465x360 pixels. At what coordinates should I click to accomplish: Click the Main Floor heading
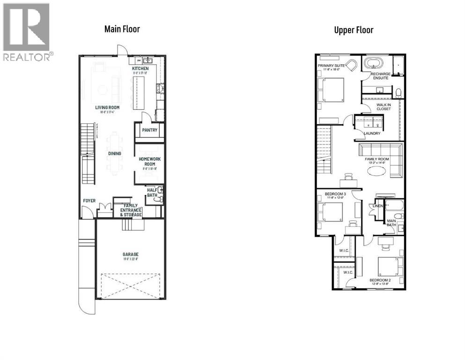pyautogui.click(x=122, y=29)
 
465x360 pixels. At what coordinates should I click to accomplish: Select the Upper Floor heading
pyautogui.click(x=354, y=30)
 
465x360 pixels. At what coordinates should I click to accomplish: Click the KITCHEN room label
pyautogui.click(x=140, y=69)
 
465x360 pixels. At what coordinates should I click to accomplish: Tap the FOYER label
pyautogui.click(x=89, y=201)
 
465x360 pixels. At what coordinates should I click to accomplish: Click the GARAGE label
pyautogui.click(x=131, y=255)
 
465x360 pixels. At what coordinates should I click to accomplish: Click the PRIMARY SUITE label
pyautogui.click(x=332, y=66)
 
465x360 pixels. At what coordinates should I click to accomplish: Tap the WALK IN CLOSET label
pyautogui.click(x=384, y=106)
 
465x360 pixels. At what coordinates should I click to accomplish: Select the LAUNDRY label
pyautogui.click(x=372, y=134)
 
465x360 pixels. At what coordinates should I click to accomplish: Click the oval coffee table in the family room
pyautogui.click(x=377, y=171)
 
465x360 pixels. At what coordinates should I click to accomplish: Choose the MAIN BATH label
pyautogui.click(x=391, y=222)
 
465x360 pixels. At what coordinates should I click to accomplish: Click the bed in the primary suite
pyautogui.click(x=332, y=90)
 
